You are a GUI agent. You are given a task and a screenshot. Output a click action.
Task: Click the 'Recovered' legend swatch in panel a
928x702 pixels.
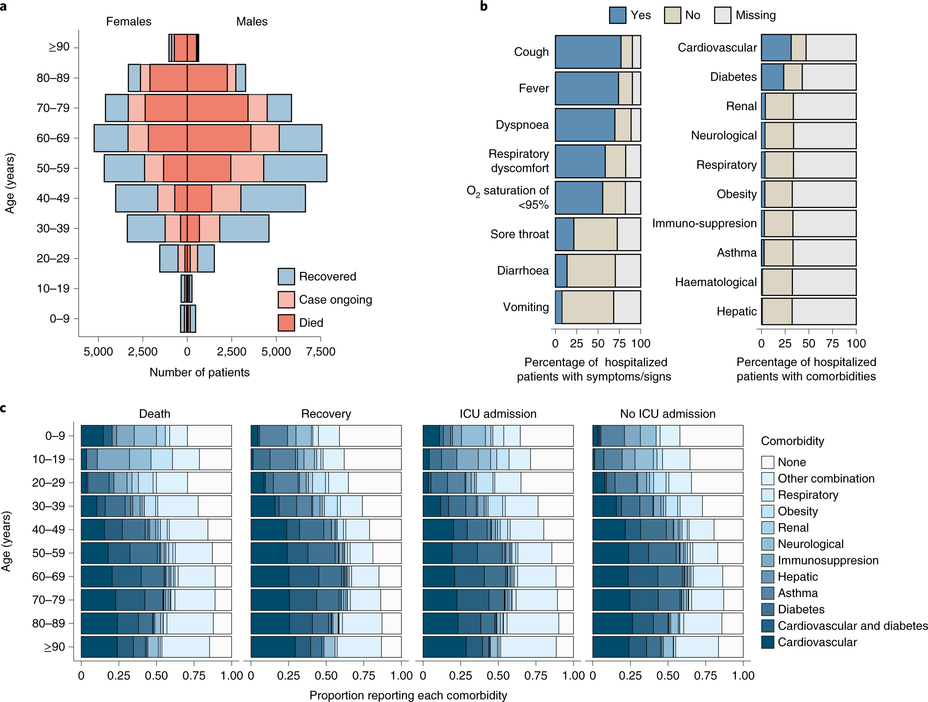point(286,276)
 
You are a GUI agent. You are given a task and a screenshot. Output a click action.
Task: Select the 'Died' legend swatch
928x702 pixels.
point(286,323)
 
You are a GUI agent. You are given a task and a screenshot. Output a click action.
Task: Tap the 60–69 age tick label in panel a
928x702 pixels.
point(53,138)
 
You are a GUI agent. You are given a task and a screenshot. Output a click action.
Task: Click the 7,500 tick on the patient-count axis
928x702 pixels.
point(321,351)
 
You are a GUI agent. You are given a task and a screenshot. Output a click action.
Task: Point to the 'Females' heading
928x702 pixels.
point(128,21)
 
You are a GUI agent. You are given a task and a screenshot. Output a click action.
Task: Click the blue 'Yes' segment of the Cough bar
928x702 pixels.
point(588,52)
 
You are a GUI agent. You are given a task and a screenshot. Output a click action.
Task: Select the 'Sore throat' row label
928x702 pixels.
point(519,234)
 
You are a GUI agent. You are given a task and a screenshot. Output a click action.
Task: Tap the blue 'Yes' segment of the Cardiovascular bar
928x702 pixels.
point(776,47)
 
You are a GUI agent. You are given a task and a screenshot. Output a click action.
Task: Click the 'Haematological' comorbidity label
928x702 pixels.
point(716,282)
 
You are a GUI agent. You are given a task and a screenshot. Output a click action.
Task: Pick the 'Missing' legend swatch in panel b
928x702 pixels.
point(722,15)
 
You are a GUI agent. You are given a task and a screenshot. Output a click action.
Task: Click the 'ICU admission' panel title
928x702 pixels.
point(498,414)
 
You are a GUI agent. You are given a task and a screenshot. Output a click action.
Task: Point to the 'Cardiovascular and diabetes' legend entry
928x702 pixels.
point(852,626)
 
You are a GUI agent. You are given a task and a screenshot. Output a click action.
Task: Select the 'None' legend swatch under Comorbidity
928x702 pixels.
point(767,462)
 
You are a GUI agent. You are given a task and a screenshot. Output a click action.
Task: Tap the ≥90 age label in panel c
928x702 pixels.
point(54,647)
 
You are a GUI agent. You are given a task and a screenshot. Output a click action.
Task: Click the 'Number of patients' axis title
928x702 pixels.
point(200,372)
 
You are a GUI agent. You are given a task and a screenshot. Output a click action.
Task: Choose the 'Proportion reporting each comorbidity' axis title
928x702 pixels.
point(408,695)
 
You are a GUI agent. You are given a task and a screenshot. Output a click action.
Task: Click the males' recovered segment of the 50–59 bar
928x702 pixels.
point(295,168)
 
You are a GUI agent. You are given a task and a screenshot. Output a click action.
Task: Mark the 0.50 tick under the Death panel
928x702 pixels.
point(156,676)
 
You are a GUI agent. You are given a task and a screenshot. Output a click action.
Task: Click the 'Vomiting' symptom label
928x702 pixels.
point(525,307)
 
